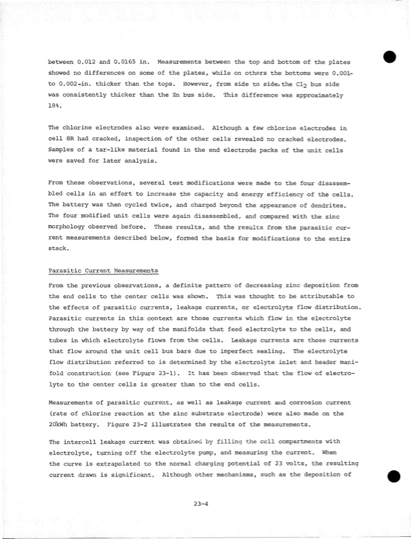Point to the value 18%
click(54, 108)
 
